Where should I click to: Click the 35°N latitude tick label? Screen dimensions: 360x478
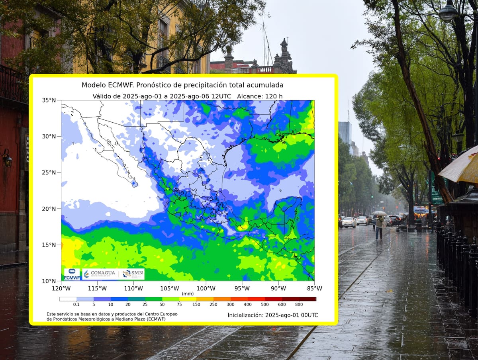point(49,100)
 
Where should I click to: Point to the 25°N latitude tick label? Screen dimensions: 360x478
point(49,172)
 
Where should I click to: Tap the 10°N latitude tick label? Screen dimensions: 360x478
point(49,281)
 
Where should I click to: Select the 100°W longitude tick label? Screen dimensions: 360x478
point(206,288)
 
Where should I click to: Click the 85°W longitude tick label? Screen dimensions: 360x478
point(314,288)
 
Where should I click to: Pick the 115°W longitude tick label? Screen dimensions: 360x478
point(97,288)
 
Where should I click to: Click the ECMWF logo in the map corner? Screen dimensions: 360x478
point(72,274)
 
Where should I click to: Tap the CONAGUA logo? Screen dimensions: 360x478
point(100,274)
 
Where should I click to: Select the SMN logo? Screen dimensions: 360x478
point(132,274)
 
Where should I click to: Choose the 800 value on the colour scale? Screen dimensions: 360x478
point(299,305)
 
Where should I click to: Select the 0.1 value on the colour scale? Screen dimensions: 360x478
point(76,305)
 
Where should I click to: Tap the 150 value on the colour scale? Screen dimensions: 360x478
point(196,305)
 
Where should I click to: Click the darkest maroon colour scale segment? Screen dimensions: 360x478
point(308,299)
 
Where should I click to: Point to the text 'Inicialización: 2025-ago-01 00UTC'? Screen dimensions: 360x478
point(273,315)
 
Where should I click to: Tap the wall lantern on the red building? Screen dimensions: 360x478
point(7,158)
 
